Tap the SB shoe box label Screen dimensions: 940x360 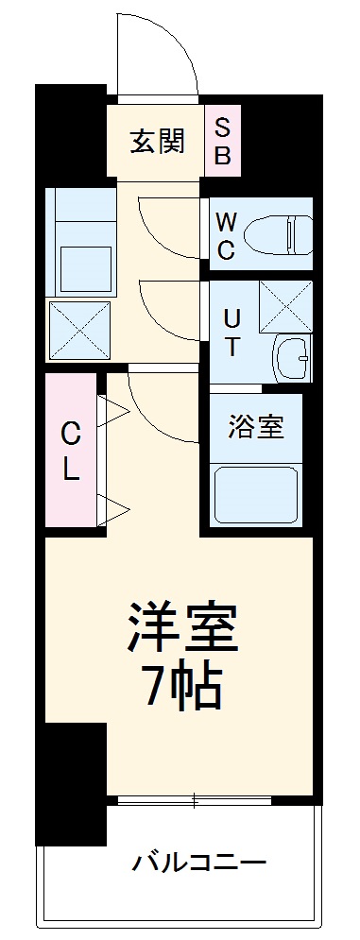(223, 141)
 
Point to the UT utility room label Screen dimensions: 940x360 (231, 332)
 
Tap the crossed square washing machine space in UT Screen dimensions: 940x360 (285, 305)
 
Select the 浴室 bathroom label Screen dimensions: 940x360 (255, 426)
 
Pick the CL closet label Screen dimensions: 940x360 (70, 452)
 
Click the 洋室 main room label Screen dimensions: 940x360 (183, 626)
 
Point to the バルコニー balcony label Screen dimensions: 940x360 (199, 862)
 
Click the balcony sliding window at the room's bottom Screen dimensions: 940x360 (194, 801)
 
